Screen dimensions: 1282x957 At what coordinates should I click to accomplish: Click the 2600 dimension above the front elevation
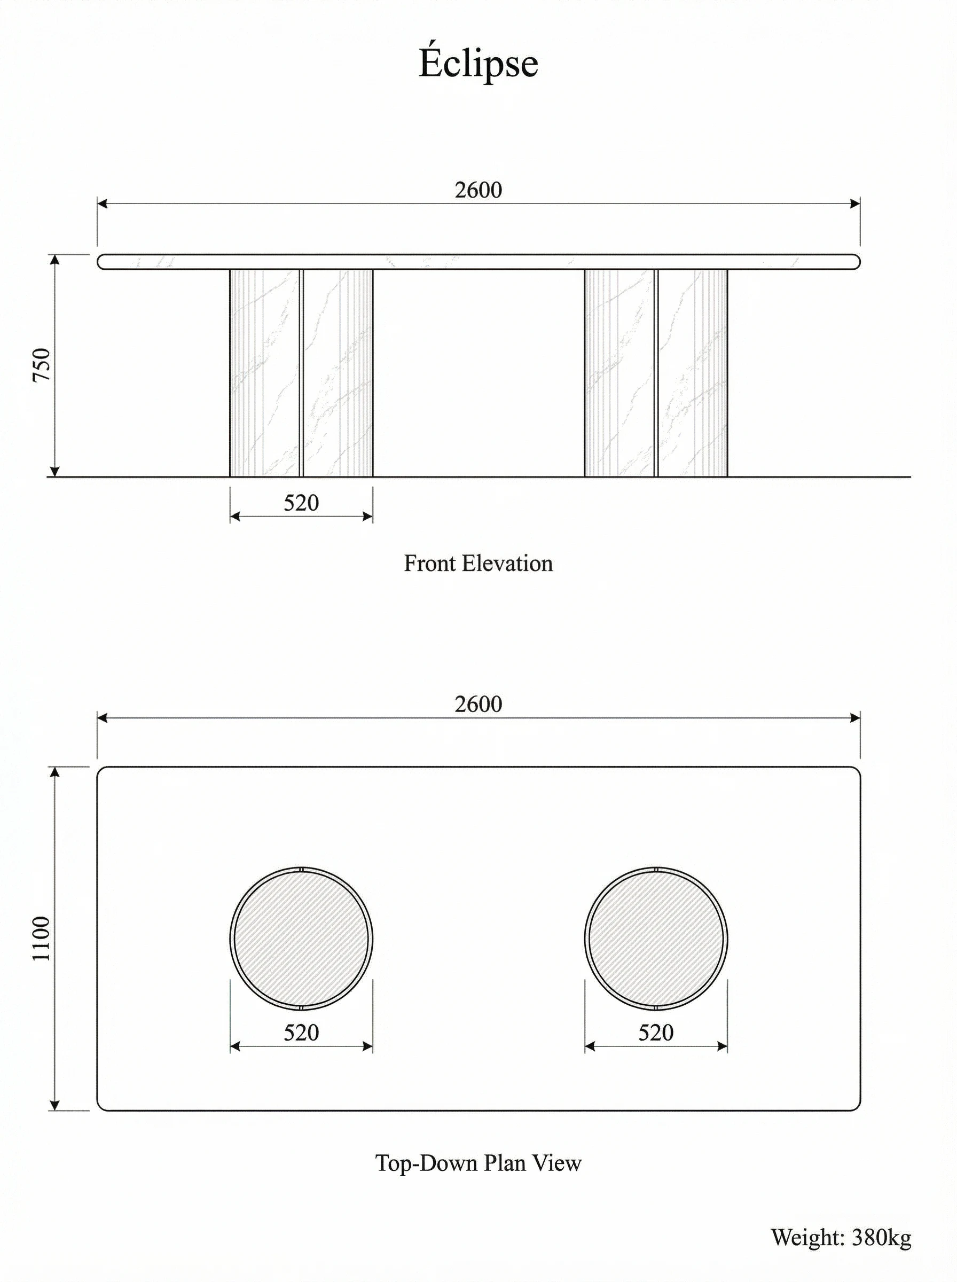pyautogui.click(x=478, y=190)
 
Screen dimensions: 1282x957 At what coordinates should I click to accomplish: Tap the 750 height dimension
pyautogui.click(x=42, y=365)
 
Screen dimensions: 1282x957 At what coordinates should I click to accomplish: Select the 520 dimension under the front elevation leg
pyautogui.click(x=301, y=503)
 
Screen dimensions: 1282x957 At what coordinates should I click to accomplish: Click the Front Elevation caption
pyautogui.click(x=478, y=564)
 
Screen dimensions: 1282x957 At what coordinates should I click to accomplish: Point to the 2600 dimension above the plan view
pyautogui.click(x=478, y=705)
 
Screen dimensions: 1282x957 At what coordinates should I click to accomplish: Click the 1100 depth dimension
pyautogui.click(x=42, y=939)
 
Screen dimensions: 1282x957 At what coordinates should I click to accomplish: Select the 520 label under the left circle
pyautogui.click(x=301, y=1033)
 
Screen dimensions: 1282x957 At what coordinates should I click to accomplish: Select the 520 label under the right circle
pyautogui.click(x=656, y=1033)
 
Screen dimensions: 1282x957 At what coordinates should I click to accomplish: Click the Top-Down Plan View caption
pyautogui.click(x=478, y=1163)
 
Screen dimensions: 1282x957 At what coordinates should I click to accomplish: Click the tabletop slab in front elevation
pyautogui.click(x=478, y=262)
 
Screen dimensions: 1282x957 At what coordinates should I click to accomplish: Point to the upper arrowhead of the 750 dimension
pyautogui.click(x=55, y=259)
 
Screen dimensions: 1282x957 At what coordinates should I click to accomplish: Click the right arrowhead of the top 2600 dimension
pyautogui.click(x=855, y=204)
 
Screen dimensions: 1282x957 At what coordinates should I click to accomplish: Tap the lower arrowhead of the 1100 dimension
pyautogui.click(x=55, y=1105)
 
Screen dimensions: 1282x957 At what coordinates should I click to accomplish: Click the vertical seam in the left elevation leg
pyautogui.click(x=301, y=374)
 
